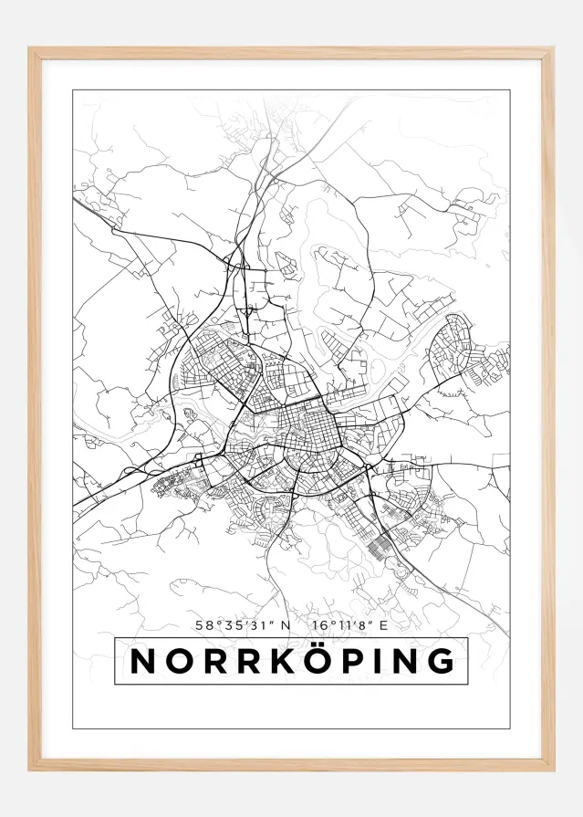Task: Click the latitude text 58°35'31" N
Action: pos(242,625)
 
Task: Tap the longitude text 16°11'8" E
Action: pos(349,625)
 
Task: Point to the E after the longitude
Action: pos(384,625)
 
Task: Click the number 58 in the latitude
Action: pos(203,625)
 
